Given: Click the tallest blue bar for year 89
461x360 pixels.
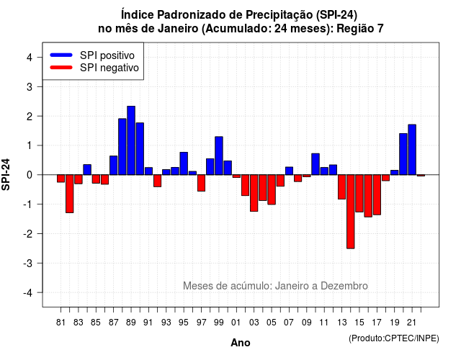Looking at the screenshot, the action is point(131,140).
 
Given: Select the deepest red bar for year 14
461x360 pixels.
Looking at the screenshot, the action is point(351,212).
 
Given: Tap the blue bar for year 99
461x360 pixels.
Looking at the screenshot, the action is point(219,156).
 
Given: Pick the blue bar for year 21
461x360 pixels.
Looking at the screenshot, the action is point(412,150).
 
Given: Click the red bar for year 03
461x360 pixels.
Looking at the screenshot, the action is point(254,193).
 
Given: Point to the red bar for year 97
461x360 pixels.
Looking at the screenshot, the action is point(202,183).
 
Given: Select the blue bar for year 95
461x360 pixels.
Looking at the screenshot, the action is point(184,163).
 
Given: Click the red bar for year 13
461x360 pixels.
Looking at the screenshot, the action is point(341,187).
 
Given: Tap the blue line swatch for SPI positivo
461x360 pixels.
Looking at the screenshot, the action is point(61,55).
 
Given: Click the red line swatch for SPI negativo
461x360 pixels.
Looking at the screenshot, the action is point(61,68).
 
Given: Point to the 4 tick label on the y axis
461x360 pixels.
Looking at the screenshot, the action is point(30,58).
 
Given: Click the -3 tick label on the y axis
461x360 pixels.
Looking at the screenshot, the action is point(28,264).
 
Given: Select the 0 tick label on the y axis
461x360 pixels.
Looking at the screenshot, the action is point(30,175).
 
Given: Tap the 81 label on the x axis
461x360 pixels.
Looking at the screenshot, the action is point(61,323).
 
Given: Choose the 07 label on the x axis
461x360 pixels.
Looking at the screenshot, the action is point(289,323).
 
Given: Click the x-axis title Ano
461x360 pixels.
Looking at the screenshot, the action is point(241,343).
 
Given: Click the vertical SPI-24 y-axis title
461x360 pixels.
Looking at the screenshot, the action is point(6,174).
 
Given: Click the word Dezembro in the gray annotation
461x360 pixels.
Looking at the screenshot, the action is point(344,286).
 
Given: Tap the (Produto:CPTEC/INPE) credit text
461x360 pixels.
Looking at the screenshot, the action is point(394,338).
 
